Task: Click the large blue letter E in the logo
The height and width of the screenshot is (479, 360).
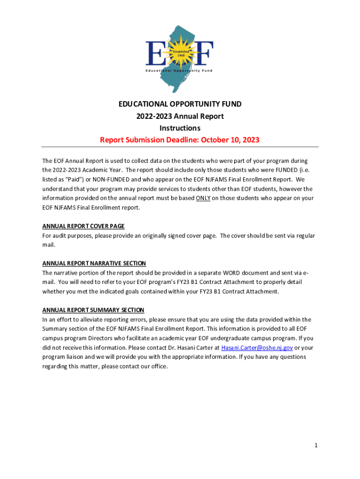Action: tap(155, 53)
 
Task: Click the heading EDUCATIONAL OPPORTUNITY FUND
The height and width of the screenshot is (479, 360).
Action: tap(180, 104)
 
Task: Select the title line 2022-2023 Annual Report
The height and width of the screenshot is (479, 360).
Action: tap(180, 116)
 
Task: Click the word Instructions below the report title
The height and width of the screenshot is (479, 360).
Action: tap(180, 128)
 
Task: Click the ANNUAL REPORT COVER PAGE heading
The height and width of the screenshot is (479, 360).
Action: tap(83, 226)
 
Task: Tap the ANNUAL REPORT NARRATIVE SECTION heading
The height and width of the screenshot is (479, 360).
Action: tap(94, 263)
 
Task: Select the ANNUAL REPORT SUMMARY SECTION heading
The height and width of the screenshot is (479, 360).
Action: tap(93, 310)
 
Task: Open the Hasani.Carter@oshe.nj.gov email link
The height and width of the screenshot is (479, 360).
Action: tap(257, 348)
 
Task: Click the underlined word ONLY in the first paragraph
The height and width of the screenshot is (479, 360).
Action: tap(203, 198)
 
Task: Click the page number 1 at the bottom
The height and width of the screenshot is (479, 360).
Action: tap(316, 446)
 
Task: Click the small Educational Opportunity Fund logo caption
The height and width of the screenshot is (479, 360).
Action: tap(180, 71)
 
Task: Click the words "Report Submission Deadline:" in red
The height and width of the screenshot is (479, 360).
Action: tap(146, 140)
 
